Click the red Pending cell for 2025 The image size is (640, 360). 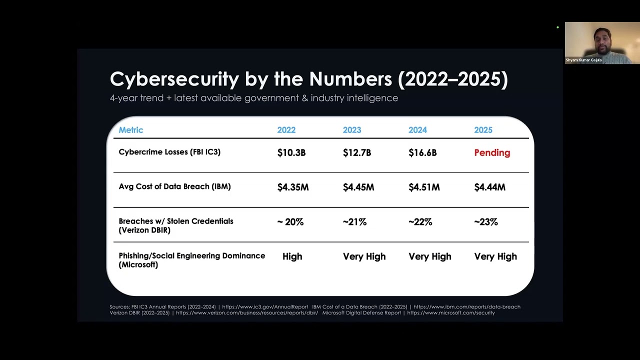pos(492,153)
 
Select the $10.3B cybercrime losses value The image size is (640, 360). pos(291,153)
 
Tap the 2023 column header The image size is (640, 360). pos(351,130)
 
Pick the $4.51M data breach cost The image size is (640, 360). pos(424,187)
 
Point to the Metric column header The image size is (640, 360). pos(131,130)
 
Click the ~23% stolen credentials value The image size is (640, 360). pos(485,222)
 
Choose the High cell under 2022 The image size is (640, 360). pos(292,256)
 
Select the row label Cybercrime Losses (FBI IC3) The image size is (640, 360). pos(169,152)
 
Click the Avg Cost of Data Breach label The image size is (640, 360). pos(174,186)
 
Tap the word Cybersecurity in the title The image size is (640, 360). pos(174,79)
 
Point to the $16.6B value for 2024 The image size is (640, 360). pos(422,153)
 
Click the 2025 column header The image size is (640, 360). pos(483,130)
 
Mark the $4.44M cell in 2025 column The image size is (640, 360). pos(489,187)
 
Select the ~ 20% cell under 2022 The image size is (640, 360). pos(290,222)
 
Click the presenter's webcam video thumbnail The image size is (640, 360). pos(602,43)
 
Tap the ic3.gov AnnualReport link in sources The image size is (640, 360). pos(265,306)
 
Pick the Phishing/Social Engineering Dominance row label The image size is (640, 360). pos(191,260)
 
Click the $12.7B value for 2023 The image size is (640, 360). pos(356,153)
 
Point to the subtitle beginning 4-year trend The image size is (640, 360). pos(253,98)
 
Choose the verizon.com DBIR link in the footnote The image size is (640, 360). pos(247,313)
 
